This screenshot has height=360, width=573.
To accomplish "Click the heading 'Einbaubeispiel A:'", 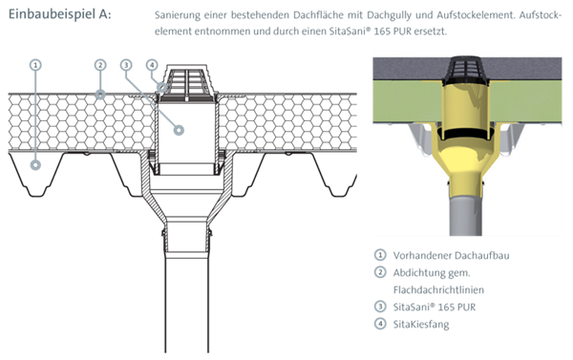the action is point(59,14).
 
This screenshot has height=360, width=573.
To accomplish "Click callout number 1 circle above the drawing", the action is point(35,65).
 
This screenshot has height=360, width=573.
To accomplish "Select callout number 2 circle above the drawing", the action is point(100,65).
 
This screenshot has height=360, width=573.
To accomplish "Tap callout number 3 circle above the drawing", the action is point(126,65).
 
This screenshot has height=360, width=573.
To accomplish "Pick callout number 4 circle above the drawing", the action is point(152,65).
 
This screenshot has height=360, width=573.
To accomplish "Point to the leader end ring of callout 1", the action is point(35,165).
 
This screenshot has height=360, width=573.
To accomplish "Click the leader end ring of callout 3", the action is point(179,130).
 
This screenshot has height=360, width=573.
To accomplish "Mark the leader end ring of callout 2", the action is point(100,95).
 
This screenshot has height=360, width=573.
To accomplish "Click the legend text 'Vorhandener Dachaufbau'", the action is point(451,255).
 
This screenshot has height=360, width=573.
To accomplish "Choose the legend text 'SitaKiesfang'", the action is point(421,324).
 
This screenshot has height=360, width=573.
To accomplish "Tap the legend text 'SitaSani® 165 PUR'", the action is point(435,307).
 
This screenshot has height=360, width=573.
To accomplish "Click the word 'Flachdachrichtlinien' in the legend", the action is point(438,290).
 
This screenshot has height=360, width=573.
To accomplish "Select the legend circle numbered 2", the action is point(380,272).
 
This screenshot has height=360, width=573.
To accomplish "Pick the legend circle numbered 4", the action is point(380,324).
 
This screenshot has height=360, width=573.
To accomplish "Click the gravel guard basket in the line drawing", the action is point(187,83).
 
